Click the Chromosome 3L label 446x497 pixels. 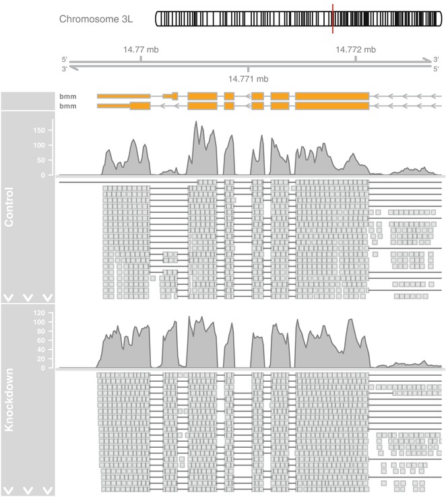click(96, 19)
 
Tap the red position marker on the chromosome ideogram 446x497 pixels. click(333, 18)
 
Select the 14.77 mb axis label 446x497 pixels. click(140, 48)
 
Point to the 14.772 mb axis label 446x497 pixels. click(356, 48)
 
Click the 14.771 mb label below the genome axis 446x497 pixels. click(248, 79)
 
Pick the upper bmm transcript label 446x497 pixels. click(67, 97)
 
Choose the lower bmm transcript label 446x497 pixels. click(67, 106)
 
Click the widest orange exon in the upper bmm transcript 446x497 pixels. click(332, 96)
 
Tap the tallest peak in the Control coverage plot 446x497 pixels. click(195, 123)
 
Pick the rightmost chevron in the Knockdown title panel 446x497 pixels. click(47, 489)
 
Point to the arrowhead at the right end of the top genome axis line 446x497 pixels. click(427, 61)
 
